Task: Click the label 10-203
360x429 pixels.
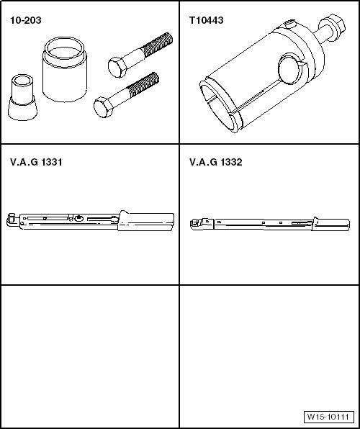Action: tap(26, 21)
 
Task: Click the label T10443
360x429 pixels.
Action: tap(207, 21)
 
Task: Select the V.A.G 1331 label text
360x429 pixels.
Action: tap(36, 162)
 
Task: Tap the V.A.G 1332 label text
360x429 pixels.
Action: tap(216, 162)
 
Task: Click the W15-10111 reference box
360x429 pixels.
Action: tap(328, 417)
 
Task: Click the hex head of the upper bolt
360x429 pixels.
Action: tap(117, 67)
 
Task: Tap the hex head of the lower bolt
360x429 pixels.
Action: tap(103, 107)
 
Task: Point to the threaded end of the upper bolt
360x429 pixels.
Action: tap(157, 45)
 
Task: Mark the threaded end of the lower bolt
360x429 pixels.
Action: tap(143, 84)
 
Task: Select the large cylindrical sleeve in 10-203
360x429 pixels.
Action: tap(65, 70)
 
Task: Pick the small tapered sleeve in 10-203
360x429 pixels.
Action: tap(22, 97)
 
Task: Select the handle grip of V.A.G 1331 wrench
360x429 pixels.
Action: tap(146, 221)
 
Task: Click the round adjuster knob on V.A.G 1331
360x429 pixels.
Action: tap(79, 218)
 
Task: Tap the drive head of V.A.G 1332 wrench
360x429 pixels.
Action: tap(197, 224)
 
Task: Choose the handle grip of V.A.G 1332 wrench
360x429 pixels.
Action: tap(330, 225)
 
